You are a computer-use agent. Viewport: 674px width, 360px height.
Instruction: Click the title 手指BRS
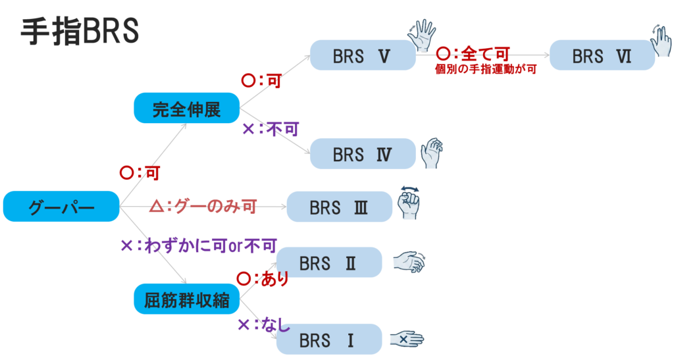tap(80, 30)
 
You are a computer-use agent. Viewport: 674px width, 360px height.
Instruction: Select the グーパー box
tap(61, 207)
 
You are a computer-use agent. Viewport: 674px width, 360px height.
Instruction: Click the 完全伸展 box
tap(186, 108)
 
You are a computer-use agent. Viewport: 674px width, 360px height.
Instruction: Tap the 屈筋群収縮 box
tap(186, 299)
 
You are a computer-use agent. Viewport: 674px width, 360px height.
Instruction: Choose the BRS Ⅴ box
tap(362, 55)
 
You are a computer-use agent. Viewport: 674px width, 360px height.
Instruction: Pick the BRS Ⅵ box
tap(602, 55)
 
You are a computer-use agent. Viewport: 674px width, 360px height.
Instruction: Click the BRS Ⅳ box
tap(362, 154)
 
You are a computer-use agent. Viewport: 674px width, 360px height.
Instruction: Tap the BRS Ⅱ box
tap(328, 263)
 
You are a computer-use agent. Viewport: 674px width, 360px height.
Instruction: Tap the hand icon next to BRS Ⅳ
tap(432, 153)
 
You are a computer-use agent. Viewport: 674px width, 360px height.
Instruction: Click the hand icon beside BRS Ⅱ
tap(409, 262)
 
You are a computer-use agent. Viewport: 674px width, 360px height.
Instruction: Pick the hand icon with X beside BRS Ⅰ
tap(406, 339)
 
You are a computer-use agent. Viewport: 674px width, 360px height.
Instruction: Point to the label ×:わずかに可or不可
tap(198, 245)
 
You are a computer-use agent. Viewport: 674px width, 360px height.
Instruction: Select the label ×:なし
tap(263, 324)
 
